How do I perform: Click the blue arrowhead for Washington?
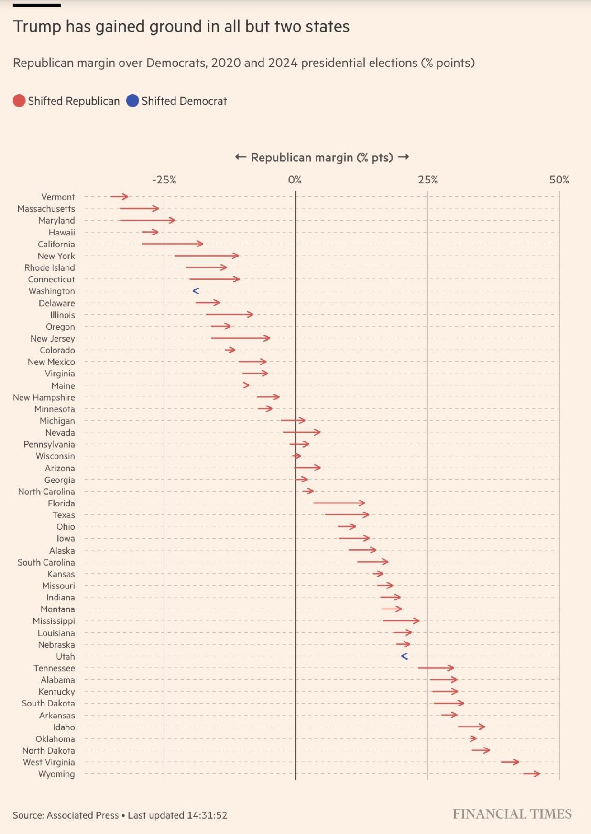tap(196, 291)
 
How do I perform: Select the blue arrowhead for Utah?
tap(404, 656)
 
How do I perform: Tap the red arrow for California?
tap(172, 244)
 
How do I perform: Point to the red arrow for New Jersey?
tap(241, 338)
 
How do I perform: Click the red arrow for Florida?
tap(339, 503)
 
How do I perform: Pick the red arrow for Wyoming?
tap(531, 774)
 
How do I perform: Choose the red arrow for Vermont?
tap(119, 197)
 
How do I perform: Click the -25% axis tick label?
tap(164, 180)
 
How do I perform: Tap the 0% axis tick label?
tap(295, 180)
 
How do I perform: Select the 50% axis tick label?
tap(559, 180)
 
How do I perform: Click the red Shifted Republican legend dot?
tap(19, 101)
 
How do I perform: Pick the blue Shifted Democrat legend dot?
tap(132, 101)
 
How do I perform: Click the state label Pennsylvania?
tap(49, 444)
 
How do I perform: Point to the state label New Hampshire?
tap(44, 397)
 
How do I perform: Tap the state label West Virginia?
tap(49, 762)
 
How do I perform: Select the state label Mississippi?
tap(54, 621)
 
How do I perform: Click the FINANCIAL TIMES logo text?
tap(512, 814)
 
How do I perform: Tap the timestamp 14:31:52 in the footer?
tap(207, 815)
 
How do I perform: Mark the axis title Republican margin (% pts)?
tap(322, 158)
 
